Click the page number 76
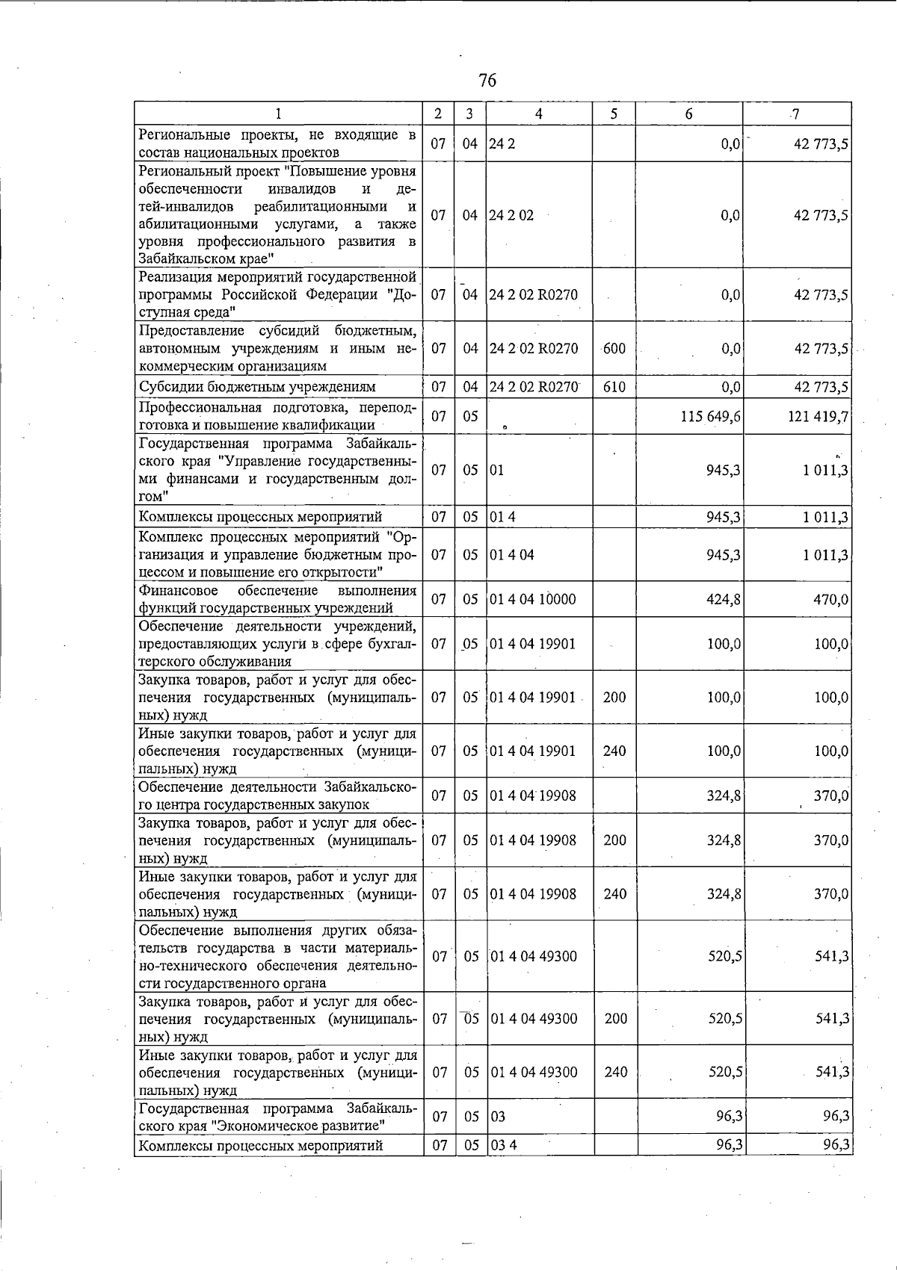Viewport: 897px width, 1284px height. click(487, 81)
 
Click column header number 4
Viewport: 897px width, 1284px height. click(538, 114)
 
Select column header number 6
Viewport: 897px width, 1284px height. click(688, 114)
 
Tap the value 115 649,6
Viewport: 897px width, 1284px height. click(710, 416)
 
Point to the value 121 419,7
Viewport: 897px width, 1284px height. click(818, 416)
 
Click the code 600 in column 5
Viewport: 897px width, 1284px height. click(614, 348)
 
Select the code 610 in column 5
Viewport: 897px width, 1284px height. click(614, 387)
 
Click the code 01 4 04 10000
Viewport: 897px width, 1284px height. click(532, 599)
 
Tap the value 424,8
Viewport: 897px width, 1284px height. click(724, 599)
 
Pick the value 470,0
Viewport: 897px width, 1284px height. click(831, 599)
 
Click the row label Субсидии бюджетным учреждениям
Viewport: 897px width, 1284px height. click(257, 387)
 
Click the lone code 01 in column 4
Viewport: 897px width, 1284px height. click(496, 470)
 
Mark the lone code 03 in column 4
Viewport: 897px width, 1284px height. click(497, 1116)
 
